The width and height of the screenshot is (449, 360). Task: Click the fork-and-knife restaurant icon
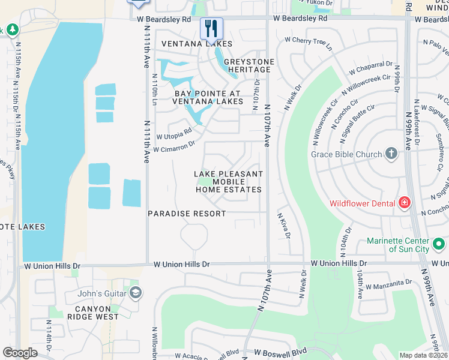[x=211, y=28]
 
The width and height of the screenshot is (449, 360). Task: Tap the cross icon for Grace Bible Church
[x=391, y=154]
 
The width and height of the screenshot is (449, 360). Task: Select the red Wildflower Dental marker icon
[x=405, y=203]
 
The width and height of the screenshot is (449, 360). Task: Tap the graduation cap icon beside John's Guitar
[x=136, y=293]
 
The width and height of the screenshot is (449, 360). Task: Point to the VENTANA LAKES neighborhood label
[x=197, y=44]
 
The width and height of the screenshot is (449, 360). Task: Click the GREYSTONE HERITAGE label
[x=249, y=65]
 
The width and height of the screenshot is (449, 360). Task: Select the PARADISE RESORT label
[x=187, y=214]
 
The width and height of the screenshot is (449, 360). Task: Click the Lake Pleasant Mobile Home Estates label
[x=229, y=182]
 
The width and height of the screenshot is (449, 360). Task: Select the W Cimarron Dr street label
[x=174, y=146]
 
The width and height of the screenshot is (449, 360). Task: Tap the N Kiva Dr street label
[x=284, y=224]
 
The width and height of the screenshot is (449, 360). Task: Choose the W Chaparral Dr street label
[x=369, y=67]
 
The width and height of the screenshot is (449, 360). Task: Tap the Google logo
[x=20, y=353]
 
